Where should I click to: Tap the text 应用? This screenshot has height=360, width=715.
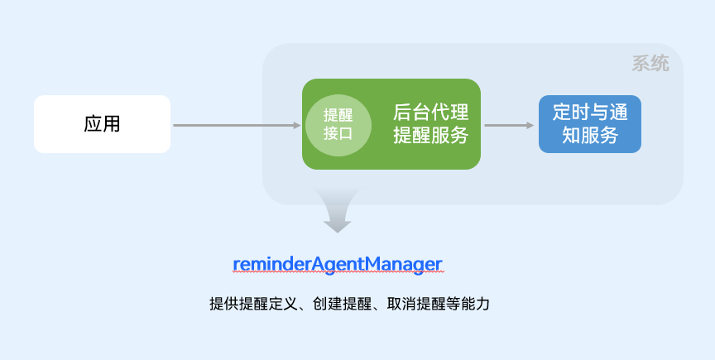[102, 124]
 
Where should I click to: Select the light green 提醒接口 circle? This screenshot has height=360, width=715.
[338, 124]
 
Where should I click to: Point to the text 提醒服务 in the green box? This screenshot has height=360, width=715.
[430, 135]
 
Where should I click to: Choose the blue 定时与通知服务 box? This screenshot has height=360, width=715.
[590, 124]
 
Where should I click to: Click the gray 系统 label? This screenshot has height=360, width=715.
[650, 64]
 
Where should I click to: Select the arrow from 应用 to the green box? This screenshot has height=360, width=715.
[236, 126]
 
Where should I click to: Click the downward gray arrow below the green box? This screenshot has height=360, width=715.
[338, 211]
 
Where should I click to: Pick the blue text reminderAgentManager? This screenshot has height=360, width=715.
[338, 264]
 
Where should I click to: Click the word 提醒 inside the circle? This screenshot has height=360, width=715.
[338, 115]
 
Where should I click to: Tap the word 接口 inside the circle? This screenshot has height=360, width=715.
[338, 132]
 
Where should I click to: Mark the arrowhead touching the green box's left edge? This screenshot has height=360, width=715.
[296, 126]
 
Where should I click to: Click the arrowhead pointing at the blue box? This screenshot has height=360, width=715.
[530, 126]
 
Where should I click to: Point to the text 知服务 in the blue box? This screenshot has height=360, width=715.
[590, 136]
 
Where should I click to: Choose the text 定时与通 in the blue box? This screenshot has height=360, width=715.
[590, 113]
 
